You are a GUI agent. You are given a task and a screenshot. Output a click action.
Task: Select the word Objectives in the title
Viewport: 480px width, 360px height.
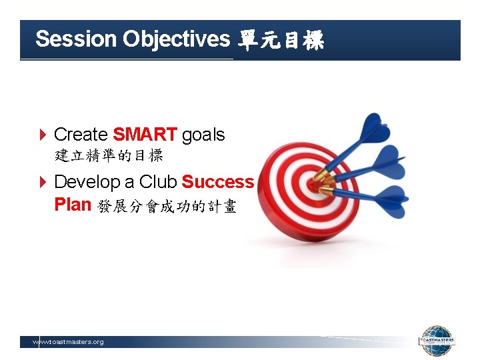tap(176, 39)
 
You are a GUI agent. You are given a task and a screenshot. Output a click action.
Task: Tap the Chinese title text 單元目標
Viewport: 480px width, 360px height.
tap(281, 41)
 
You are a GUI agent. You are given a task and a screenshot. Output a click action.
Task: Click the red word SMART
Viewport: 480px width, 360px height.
tap(145, 135)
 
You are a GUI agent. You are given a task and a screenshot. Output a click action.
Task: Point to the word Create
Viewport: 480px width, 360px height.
tap(81, 135)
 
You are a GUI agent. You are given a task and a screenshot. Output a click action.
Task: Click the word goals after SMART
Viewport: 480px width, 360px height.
tap(203, 135)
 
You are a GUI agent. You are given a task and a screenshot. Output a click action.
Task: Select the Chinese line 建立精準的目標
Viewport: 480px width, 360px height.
tap(109, 157)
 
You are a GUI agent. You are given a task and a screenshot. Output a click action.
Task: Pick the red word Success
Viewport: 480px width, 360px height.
tap(217, 182)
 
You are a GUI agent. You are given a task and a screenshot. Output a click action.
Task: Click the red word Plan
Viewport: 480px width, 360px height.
tap(72, 205)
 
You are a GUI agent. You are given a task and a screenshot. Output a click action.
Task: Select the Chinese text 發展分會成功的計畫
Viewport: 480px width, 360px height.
tap(167, 207)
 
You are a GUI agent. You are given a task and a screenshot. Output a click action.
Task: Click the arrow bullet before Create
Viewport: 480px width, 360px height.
tap(43, 135)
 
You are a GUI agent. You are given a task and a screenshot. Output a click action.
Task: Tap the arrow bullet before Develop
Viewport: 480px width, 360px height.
tap(43, 183)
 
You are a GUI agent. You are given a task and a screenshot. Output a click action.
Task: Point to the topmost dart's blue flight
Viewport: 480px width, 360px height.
tap(375, 129)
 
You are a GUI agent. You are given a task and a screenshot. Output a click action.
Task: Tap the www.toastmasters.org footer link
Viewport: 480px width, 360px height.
tap(69, 342)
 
